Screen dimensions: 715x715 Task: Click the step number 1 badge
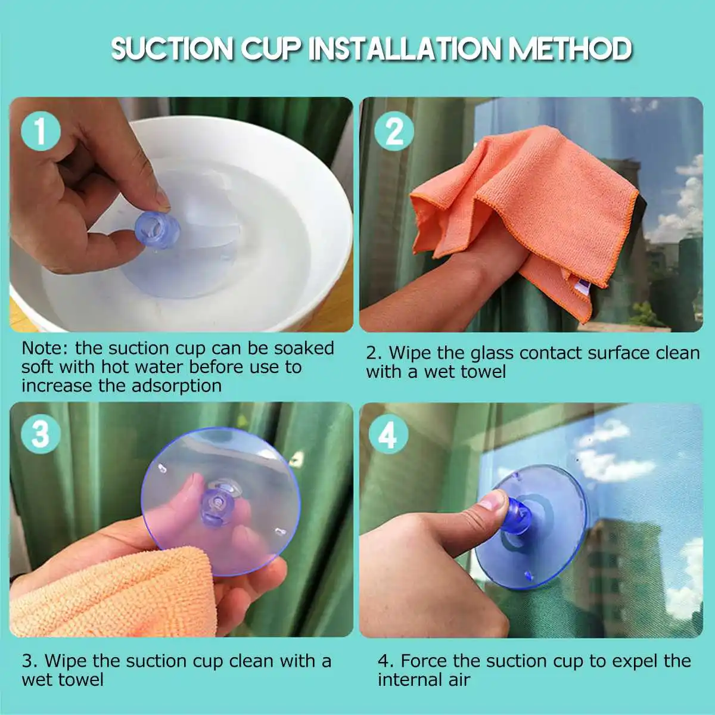tap(41, 131)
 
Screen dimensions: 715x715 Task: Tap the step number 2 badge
tap(394, 131)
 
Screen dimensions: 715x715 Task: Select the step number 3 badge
tap(41, 434)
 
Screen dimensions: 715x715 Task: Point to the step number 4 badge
tap(388, 435)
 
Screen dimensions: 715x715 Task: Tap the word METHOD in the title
tap(570, 49)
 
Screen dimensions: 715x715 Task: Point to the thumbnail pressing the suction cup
tap(494, 500)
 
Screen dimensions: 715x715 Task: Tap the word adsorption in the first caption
tap(176, 386)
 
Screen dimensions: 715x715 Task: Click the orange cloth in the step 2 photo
tap(524, 197)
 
